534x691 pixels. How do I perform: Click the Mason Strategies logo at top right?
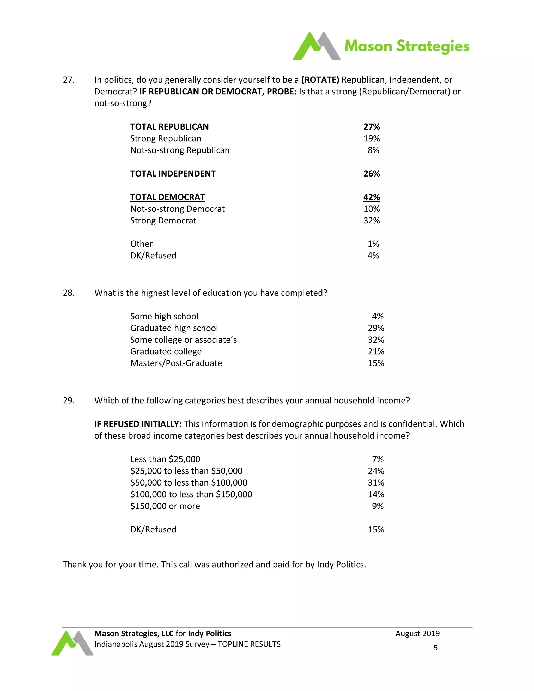(x=381, y=46)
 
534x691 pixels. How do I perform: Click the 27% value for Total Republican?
(x=371, y=127)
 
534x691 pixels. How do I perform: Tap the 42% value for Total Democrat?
(x=371, y=197)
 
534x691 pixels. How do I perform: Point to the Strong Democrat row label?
(x=163, y=221)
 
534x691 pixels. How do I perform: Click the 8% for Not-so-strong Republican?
(x=373, y=150)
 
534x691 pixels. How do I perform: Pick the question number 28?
(x=69, y=293)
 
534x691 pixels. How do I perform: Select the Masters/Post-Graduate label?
(x=176, y=363)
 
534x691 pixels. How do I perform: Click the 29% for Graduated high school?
(x=376, y=328)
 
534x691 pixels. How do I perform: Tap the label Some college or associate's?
(x=184, y=340)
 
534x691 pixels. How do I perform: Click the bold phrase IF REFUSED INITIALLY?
(x=138, y=424)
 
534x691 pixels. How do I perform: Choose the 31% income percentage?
(x=376, y=483)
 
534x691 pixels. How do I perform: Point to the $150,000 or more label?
(x=165, y=506)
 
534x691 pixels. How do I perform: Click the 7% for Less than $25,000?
(x=378, y=459)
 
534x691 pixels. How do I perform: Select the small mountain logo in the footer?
(x=72, y=643)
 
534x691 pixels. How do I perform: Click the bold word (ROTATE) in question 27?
(x=320, y=80)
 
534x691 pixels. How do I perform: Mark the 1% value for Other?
(x=373, y=244)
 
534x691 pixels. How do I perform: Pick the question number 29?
(x=69, y=401)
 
